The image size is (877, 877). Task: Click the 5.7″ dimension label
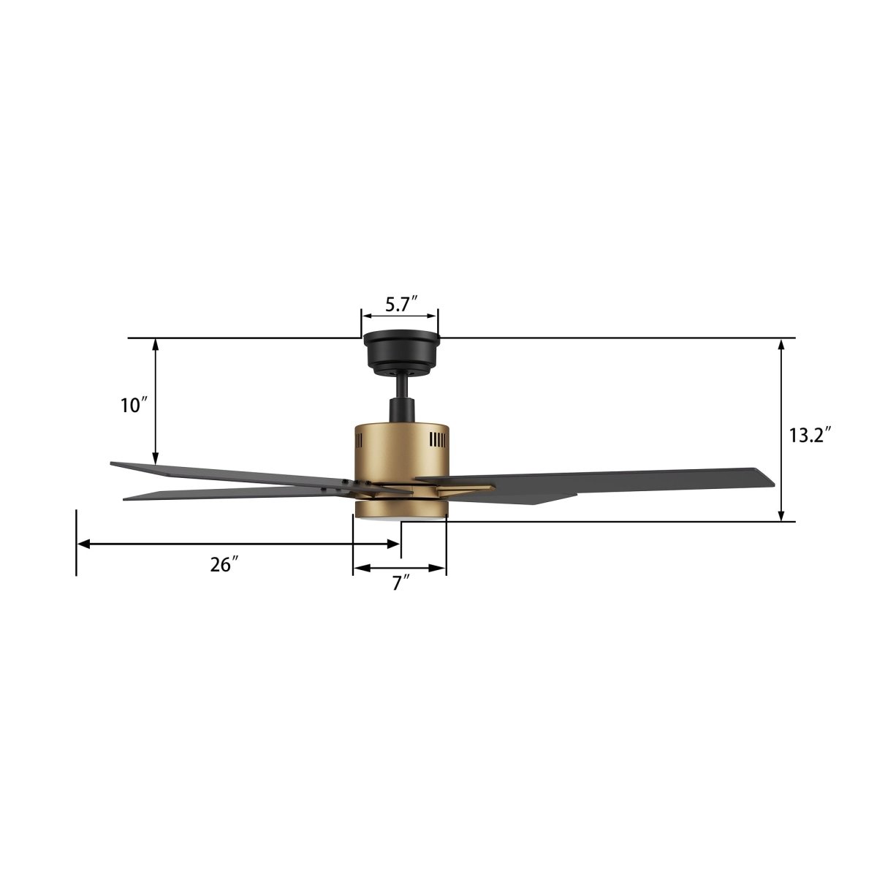tap(400, 304)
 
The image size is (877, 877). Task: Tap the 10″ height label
tap(135, 406)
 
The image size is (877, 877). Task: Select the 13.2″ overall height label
tap(810, 436)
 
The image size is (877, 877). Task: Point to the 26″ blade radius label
tap(225, 564)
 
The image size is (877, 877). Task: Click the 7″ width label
tap(400, 583)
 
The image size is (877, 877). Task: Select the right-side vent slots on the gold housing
tap(437, 439)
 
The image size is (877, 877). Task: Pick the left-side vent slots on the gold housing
tap(359, 441)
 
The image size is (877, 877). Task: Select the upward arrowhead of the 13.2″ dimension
tap(782, 345)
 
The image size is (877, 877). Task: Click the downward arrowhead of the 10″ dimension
tap(156, 458)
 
